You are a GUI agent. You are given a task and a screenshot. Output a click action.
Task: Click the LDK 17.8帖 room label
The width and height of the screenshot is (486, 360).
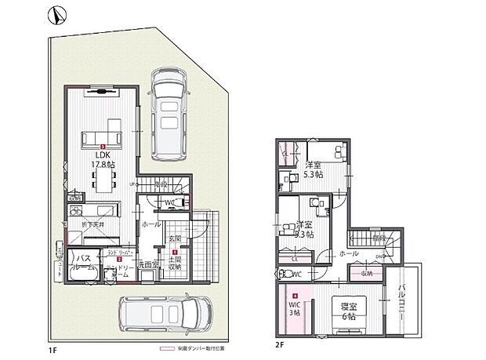(103, 160)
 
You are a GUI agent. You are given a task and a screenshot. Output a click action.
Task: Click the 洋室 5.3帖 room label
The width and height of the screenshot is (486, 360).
(314, 170)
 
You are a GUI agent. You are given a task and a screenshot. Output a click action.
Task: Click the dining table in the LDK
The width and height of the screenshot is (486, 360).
(103, 183)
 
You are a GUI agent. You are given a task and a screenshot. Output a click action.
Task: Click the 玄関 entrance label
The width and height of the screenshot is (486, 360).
(174, 238)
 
